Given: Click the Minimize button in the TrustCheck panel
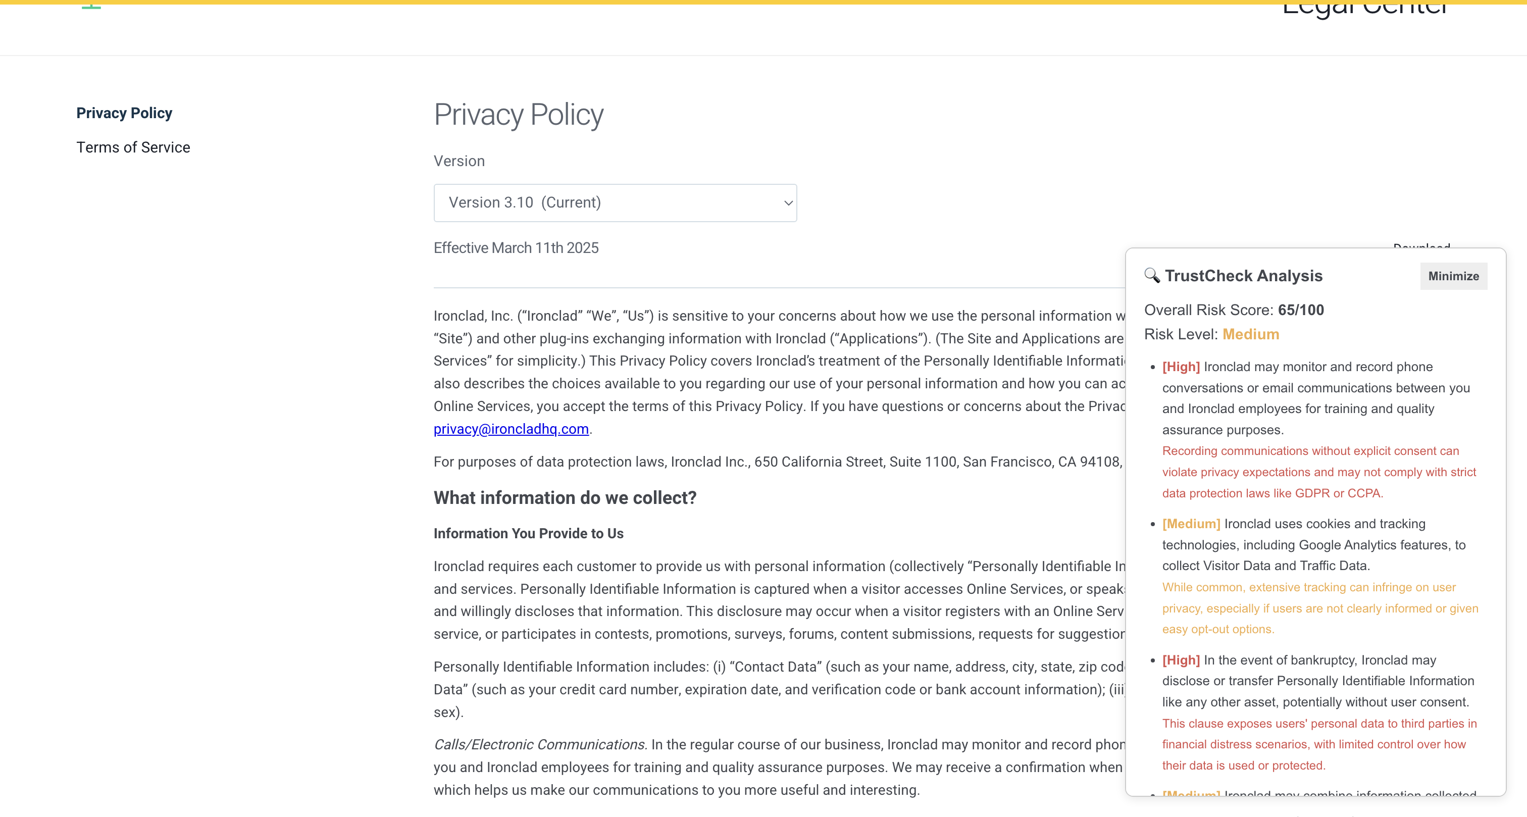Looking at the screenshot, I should [1453, 276].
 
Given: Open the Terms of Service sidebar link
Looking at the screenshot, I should [133, 147].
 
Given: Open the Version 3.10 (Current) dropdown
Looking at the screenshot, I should [614, 203].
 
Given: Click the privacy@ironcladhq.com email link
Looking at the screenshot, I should [511, 429].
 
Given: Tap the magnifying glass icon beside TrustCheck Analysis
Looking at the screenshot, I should [1152, 275].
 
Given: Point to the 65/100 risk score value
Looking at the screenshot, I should [1301, 310].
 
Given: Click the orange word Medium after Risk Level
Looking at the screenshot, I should [1251, 334].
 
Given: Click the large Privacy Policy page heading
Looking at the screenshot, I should [519, 115].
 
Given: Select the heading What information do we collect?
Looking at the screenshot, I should [565, 497].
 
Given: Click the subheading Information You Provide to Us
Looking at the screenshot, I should [528, 533].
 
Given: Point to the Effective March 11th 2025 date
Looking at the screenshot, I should [516, 248].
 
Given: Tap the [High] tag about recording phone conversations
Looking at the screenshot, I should [1181, 367].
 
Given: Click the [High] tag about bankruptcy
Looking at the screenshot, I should [1181, 660].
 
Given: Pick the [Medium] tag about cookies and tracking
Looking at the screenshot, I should [1191, 524].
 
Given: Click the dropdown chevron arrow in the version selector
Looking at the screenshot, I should [788, 203].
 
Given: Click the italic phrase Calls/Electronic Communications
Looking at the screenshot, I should [540, 745].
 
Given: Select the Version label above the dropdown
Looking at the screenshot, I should [459, 161].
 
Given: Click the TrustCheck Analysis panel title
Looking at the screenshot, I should [1243, 276].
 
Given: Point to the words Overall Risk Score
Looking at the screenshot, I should [1208, 310].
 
